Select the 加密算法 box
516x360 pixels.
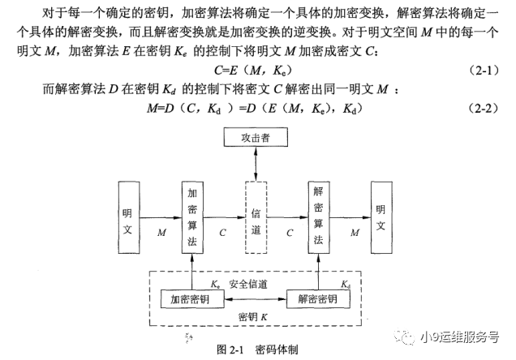click(191, 216)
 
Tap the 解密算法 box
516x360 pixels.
click(320, 216)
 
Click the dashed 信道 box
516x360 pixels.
click(256, 216)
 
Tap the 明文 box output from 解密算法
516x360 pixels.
click(381, 216)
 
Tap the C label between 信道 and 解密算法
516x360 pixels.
click(288, 233)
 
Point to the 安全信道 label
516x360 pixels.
click(248, 285)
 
